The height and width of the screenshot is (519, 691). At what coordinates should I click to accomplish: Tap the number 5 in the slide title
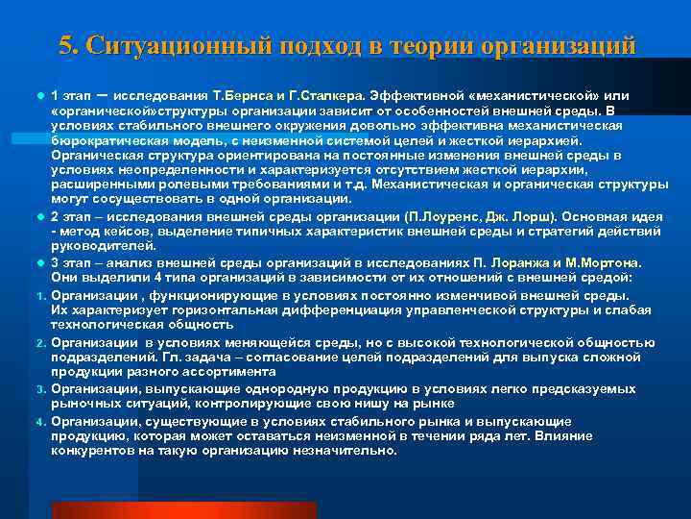click(x=65, y=45)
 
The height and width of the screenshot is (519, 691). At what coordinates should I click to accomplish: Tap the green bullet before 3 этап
click(x=42, y=262)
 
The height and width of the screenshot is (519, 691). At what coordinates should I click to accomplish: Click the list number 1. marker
click(x=42, y=294)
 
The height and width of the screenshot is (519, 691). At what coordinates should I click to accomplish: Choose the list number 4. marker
click(x=42, y=422)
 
